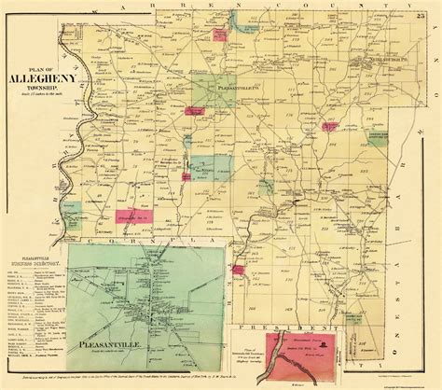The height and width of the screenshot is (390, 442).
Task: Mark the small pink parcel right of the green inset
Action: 238,271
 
